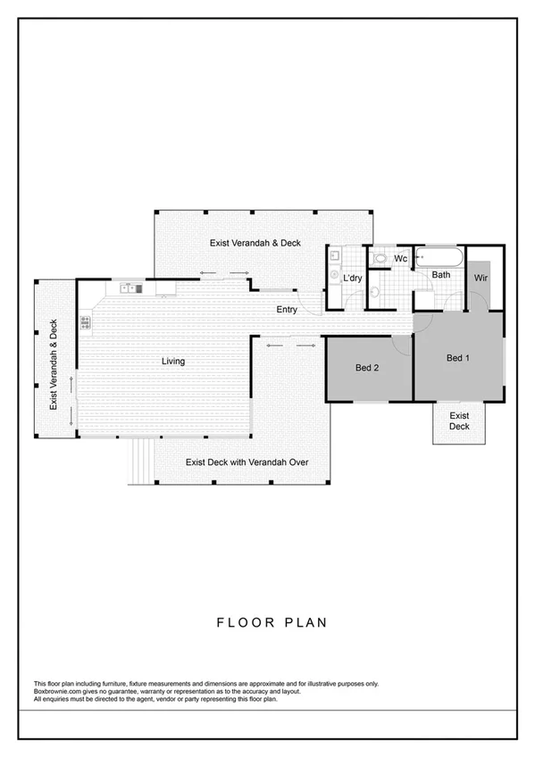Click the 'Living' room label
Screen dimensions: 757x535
pyautogui.click(x=172, y=362)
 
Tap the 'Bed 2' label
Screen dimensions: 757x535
pyautogui.click(x=368, y=368)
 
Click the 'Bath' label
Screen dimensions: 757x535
pyautogui.click(x=441, y=275)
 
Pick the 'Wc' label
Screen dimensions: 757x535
pyautogui.click(x=401, y=258)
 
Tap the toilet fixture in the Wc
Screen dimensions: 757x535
pyautogui.click(x=380, y=259)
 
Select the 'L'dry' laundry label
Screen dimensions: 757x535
pyautogui.click(x=353, y=279)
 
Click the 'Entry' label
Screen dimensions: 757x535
pyautogui.click(x=287, y=310)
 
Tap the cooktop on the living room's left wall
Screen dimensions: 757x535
pyautogui.click(x=86, y=322)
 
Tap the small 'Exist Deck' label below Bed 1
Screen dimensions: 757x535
pyautogui.click(x=459, y=421)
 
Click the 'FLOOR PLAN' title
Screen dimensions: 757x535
pyautogui.click(x=267, y=621)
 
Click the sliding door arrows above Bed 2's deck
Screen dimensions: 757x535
pyautogui.click(x=290, y=344)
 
